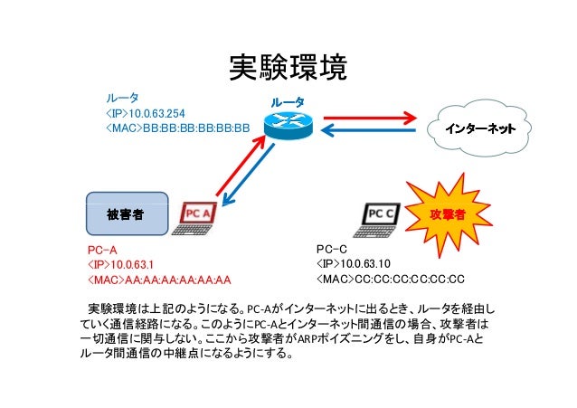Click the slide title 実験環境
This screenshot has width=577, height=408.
coord(288,67)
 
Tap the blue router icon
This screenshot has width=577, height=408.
coord(288,125)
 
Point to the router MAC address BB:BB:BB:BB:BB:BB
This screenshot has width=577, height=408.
coord(196,128)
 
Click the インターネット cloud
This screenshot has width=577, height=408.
coord(479,128)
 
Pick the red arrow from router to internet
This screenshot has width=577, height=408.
coord(370,119)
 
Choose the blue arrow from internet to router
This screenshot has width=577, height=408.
coord(368,130)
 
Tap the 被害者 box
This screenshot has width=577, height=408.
coord(127,213)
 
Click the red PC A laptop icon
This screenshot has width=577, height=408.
coord(195,219)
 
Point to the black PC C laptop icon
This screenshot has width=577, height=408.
coord(377,220)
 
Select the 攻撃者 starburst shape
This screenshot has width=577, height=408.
coord(448,214)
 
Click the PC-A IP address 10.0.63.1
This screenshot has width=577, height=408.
coord(132,265)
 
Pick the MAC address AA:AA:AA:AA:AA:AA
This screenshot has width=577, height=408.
coord(178,280)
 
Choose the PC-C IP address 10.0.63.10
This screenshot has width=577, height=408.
coord(365,263)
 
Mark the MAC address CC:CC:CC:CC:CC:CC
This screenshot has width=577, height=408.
coord(409,279)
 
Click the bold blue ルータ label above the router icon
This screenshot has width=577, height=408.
coord(288,102)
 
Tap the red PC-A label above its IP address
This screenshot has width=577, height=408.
coord(102,251)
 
